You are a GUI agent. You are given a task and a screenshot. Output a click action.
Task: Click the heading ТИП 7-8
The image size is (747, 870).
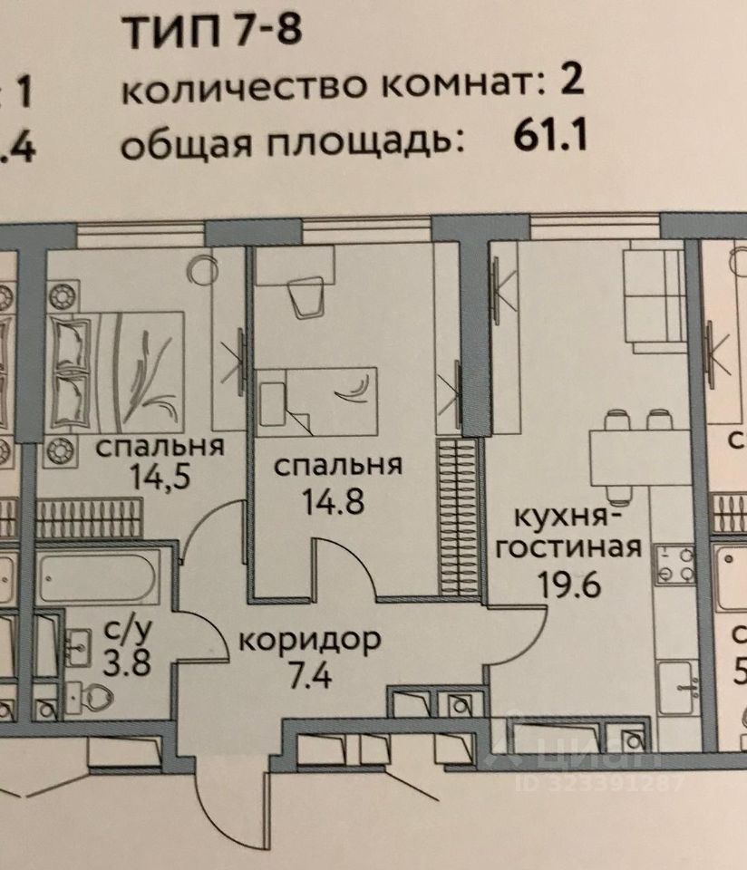[210, 33]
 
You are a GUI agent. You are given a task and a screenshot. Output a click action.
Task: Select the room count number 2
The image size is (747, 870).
[570, 86]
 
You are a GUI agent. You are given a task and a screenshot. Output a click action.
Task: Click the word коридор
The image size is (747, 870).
[309, 641]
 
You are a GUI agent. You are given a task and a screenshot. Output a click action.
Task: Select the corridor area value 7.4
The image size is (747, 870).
[308, 675]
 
